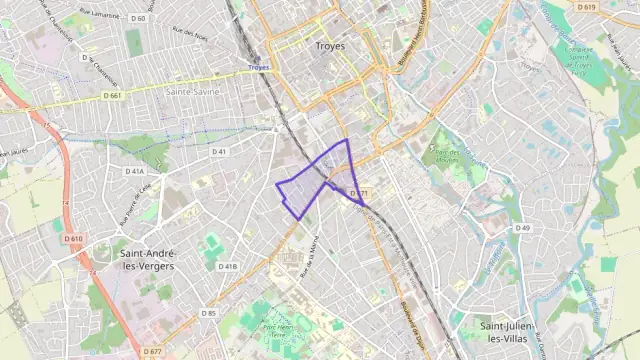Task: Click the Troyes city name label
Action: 329,46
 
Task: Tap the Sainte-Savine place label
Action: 193,90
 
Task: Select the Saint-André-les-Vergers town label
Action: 146,260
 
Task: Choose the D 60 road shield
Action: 137,18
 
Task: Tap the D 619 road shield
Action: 587,7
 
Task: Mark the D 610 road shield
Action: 73,239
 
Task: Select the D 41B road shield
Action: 228,267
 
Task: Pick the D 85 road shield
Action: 208,313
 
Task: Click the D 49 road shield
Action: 522,228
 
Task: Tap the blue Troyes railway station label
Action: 258,67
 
